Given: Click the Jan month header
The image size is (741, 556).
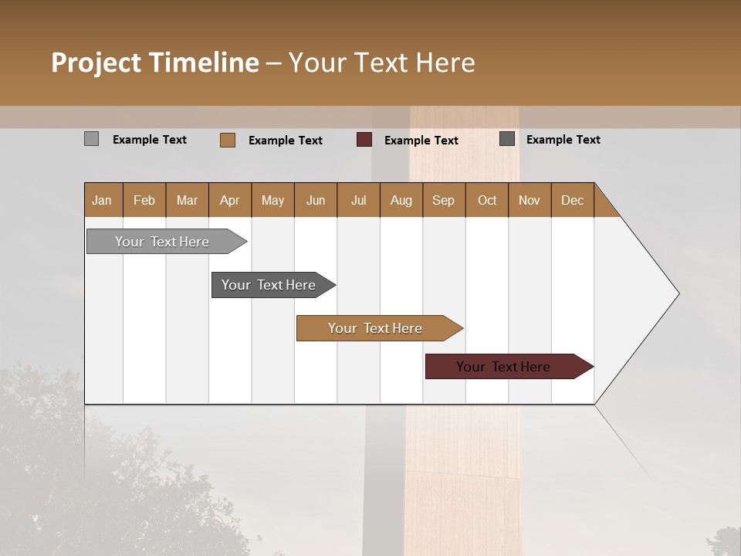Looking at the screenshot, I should (x=103, y=201).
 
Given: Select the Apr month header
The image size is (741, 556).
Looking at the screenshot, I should (x=230, y=201).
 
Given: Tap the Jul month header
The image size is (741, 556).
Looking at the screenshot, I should (x=359, y=201).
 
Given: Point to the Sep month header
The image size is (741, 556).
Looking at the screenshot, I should (x=444, y=201).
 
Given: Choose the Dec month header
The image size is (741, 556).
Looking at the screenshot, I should (x=572, y=201).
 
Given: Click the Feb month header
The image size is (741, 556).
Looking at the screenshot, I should (x=144, y=201).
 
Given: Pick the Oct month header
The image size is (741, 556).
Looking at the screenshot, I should (x=487, y=201).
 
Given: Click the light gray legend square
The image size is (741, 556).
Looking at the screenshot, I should (x=91, y=139).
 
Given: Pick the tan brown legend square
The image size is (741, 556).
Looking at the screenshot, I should (x=227, y=140).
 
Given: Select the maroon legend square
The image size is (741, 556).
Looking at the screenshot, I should (x=364, y=140).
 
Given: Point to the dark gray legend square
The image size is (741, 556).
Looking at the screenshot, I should (x=507, y=139).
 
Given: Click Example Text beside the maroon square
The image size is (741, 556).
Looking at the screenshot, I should (x=421, y=141).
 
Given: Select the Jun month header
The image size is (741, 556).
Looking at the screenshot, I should (x=316, y=201).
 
